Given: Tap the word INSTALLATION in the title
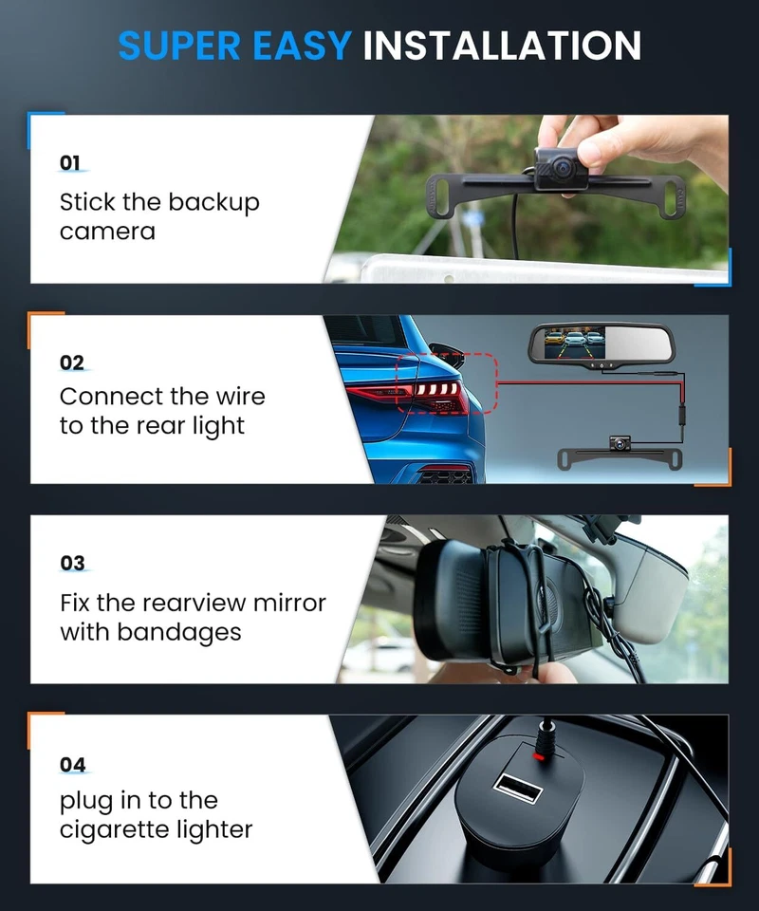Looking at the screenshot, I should point(502,45).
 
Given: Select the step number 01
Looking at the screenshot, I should point(70,162).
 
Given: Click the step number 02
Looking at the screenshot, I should point(71,363).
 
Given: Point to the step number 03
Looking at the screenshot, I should point(72,564).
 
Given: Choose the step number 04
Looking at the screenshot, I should point(72,765).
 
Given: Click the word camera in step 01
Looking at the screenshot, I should point(107,232).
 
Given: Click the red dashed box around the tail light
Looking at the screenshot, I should point(445,382).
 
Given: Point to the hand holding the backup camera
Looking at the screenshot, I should point(607,142).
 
